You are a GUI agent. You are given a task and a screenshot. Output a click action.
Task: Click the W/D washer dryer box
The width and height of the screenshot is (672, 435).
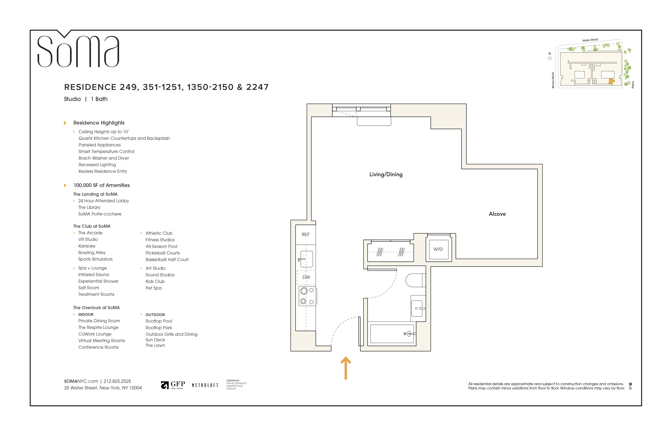pos(438,249)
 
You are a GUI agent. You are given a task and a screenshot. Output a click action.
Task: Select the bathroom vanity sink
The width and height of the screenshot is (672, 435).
pos(417,308)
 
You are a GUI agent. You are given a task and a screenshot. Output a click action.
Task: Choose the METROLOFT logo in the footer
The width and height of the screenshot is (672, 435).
pos(205,385)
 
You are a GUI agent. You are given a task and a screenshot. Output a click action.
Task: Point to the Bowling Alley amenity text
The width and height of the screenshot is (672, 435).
pos(92,252)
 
